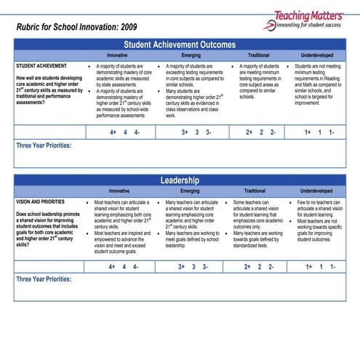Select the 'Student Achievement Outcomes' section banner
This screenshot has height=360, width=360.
tap(180, 44)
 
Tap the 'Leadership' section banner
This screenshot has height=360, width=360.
tap(180, 180)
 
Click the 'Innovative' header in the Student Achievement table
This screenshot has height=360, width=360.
tap(117, 55)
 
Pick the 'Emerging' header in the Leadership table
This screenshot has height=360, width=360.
tap(190, 191)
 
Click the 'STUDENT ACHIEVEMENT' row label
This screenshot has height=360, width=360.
tap(41, 65)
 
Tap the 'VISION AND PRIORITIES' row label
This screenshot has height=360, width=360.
tap(43, 201)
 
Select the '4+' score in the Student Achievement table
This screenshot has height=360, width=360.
tap(113, 132)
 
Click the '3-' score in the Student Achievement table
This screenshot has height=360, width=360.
tap(209, 132)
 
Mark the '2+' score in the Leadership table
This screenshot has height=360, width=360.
tap(248, 267)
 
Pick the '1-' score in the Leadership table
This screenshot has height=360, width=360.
tap(332, 267)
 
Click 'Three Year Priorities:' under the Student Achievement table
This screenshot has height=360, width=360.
tap(44, 145)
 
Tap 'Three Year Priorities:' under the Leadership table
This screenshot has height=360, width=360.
tap(44, 279)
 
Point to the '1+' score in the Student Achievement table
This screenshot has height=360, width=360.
tap(308, 132)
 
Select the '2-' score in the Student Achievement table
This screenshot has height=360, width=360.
tap(272, 132)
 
